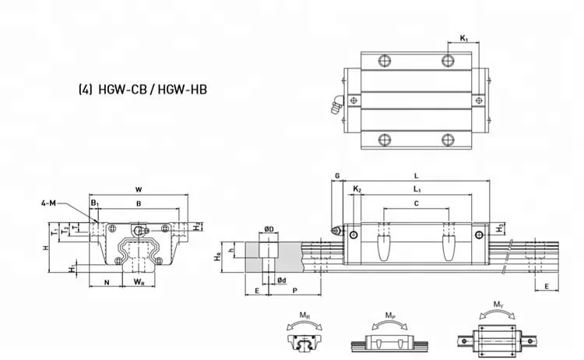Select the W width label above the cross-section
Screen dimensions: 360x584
138,189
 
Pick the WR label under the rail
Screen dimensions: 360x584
138,281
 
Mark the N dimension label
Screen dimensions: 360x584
106,281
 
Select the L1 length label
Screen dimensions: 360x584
417,190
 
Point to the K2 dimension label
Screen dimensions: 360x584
357,190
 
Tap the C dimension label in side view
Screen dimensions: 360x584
415,203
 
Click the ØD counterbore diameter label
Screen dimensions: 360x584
268,229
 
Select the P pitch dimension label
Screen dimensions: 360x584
295,290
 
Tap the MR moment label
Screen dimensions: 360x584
301,315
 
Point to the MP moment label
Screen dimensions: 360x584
389,315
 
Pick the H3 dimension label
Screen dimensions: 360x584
499,227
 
